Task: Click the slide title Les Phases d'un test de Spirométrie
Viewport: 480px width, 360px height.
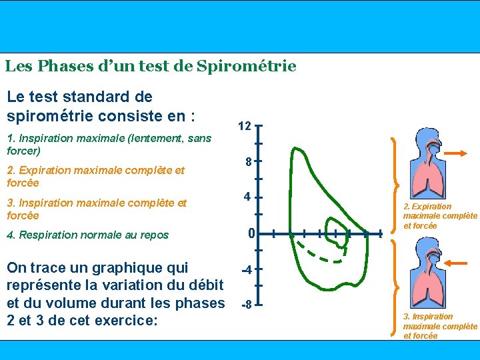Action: pyautogui.click(x=150, y=67)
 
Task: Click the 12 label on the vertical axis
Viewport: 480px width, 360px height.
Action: pyautogui.click(x=245, y=126)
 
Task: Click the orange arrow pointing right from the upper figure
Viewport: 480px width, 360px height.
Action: pyautogui.click(x=458, y=154)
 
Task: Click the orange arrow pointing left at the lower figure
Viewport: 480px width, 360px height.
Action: pyautogui.click(x=458, y=264)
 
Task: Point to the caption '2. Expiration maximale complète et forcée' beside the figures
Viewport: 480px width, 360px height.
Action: pyautogui.click(x=440, y=216)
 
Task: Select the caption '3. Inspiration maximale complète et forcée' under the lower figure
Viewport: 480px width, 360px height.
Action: pyautogui.click(x=440, y=326)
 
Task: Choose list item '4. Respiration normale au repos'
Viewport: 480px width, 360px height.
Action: pyautogui.click(x=87, y=235)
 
